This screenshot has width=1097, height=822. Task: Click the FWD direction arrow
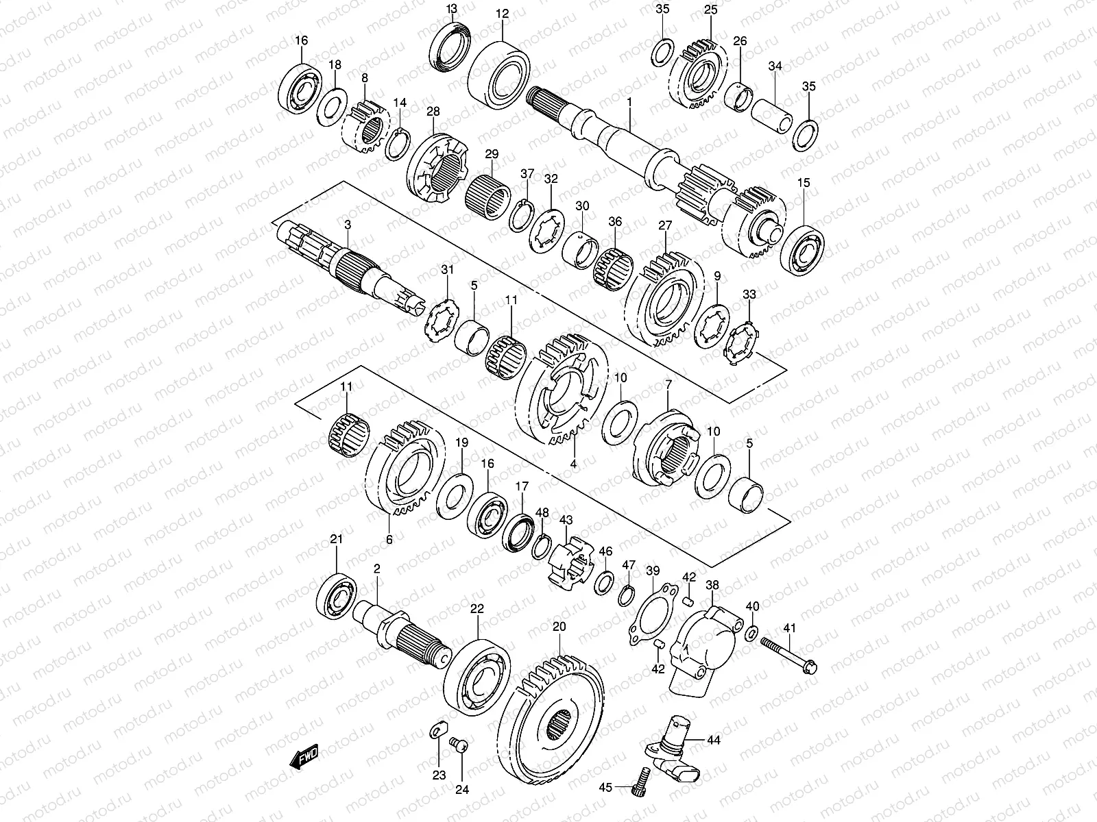point(304,757)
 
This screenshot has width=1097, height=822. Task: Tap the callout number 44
point(714,740)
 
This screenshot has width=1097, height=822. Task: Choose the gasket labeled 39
point(653,613)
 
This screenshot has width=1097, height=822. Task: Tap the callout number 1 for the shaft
point(629,102)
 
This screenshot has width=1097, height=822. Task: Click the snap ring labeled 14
point(398,145)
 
